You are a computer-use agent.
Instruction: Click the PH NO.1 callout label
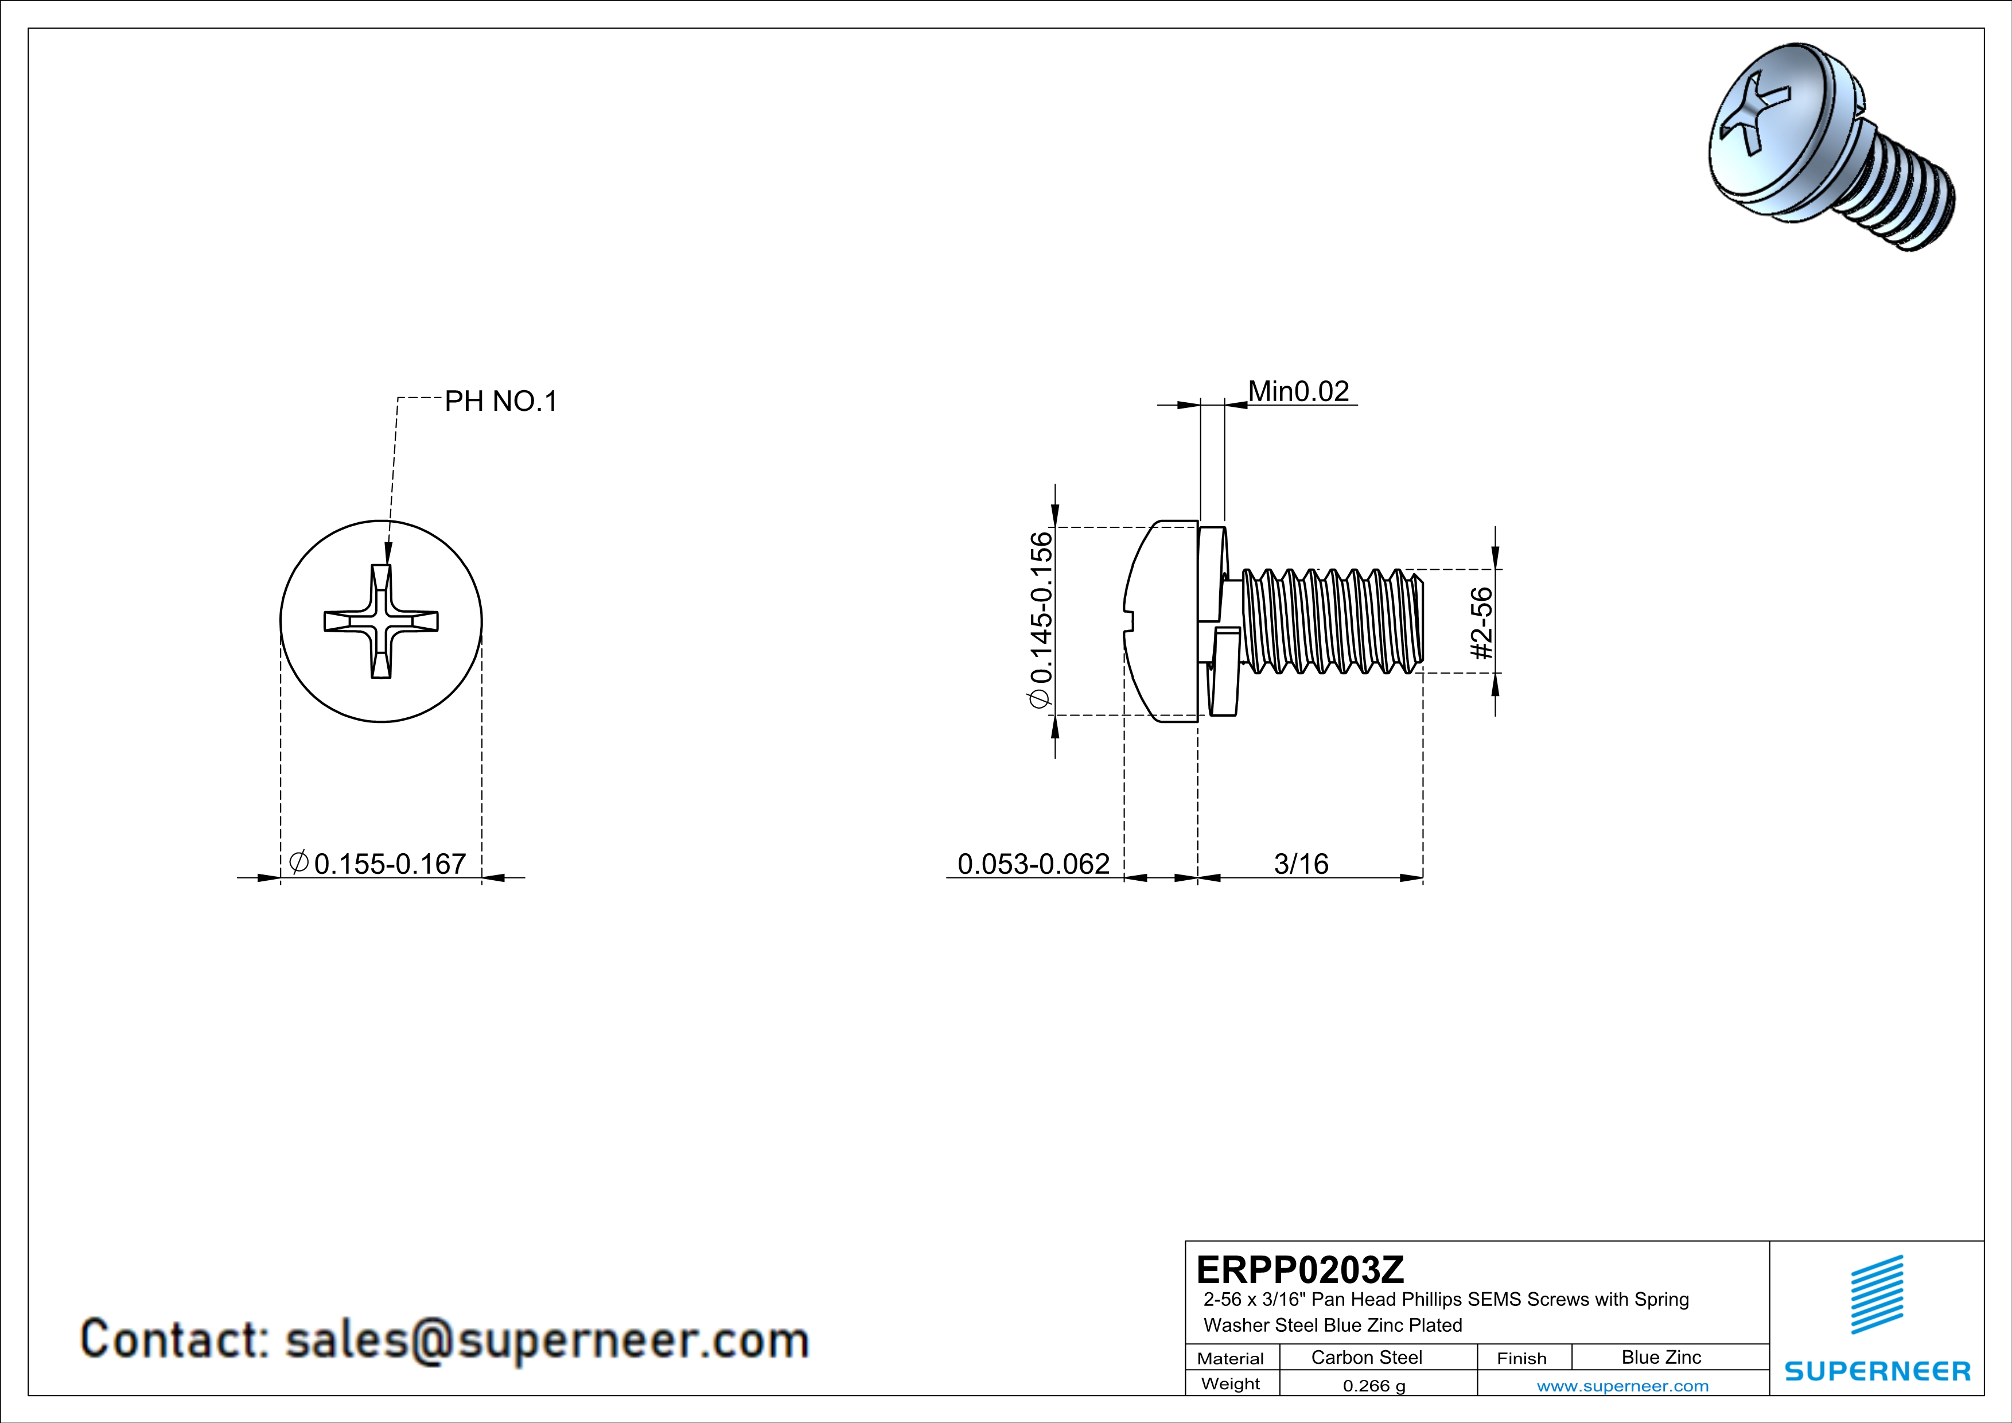[500, 401]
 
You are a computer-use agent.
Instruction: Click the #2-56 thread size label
[1481, 623]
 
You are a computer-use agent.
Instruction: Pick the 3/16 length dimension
[1301, 864]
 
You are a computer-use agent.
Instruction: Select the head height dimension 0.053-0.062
[1033, 864]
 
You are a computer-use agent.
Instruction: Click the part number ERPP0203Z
[1299, 1269]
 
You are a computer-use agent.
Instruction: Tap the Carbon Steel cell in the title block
[1366, 1357]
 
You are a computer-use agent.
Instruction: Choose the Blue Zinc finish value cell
[1660, 1357]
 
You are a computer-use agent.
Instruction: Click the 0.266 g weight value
[1373, 1385]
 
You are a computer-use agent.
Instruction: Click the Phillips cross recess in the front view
[381, 621]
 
